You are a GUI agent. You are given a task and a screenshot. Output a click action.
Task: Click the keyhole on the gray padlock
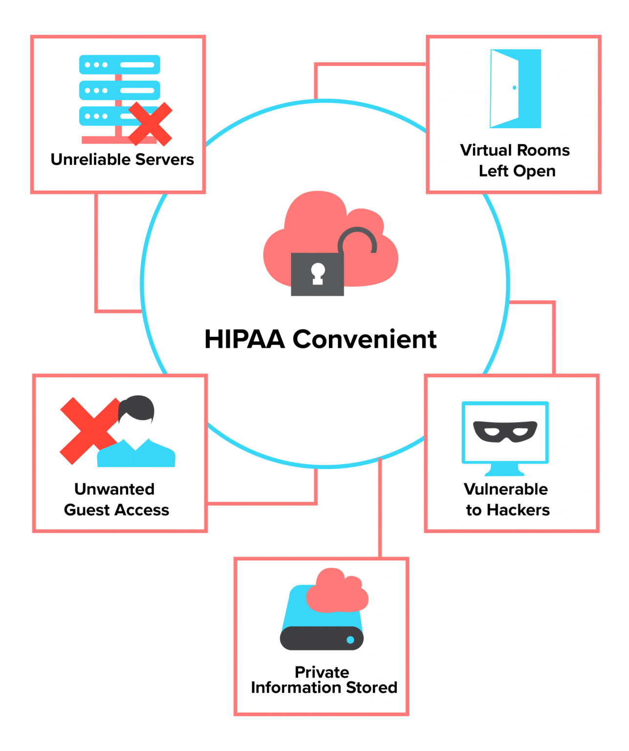click(318, 273)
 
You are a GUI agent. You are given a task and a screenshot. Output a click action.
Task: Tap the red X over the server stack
click(150, 124)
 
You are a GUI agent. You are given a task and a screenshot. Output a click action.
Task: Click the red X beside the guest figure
click(88, 430)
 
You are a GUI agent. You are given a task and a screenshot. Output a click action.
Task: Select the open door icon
click(515, 88)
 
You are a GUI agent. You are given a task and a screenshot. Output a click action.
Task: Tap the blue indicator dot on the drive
click(350, 640)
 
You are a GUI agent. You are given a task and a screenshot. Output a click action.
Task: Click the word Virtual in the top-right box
click(486, 150)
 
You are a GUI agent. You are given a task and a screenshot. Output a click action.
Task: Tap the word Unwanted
click(114, 489)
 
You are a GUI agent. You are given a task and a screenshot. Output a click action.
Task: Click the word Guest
click(87, 510)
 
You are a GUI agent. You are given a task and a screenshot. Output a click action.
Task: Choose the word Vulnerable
click(506, 489)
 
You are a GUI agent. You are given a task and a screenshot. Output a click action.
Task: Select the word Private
click(322, 672)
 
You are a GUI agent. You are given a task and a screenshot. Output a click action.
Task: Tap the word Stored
click(371, 687)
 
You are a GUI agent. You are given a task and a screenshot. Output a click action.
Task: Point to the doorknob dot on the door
click(514, 88)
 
